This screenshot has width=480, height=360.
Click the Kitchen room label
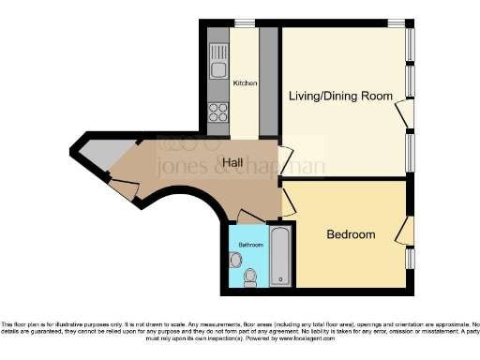245,83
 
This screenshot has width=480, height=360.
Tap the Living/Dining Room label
339,96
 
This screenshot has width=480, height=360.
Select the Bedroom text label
351,234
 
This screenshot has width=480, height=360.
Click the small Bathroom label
250,245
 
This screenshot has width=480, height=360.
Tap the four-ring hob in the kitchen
217,112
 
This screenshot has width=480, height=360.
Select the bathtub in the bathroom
280,256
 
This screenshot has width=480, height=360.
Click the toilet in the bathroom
250,277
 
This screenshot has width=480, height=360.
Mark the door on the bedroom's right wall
404,230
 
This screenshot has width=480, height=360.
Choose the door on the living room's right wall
404,114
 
